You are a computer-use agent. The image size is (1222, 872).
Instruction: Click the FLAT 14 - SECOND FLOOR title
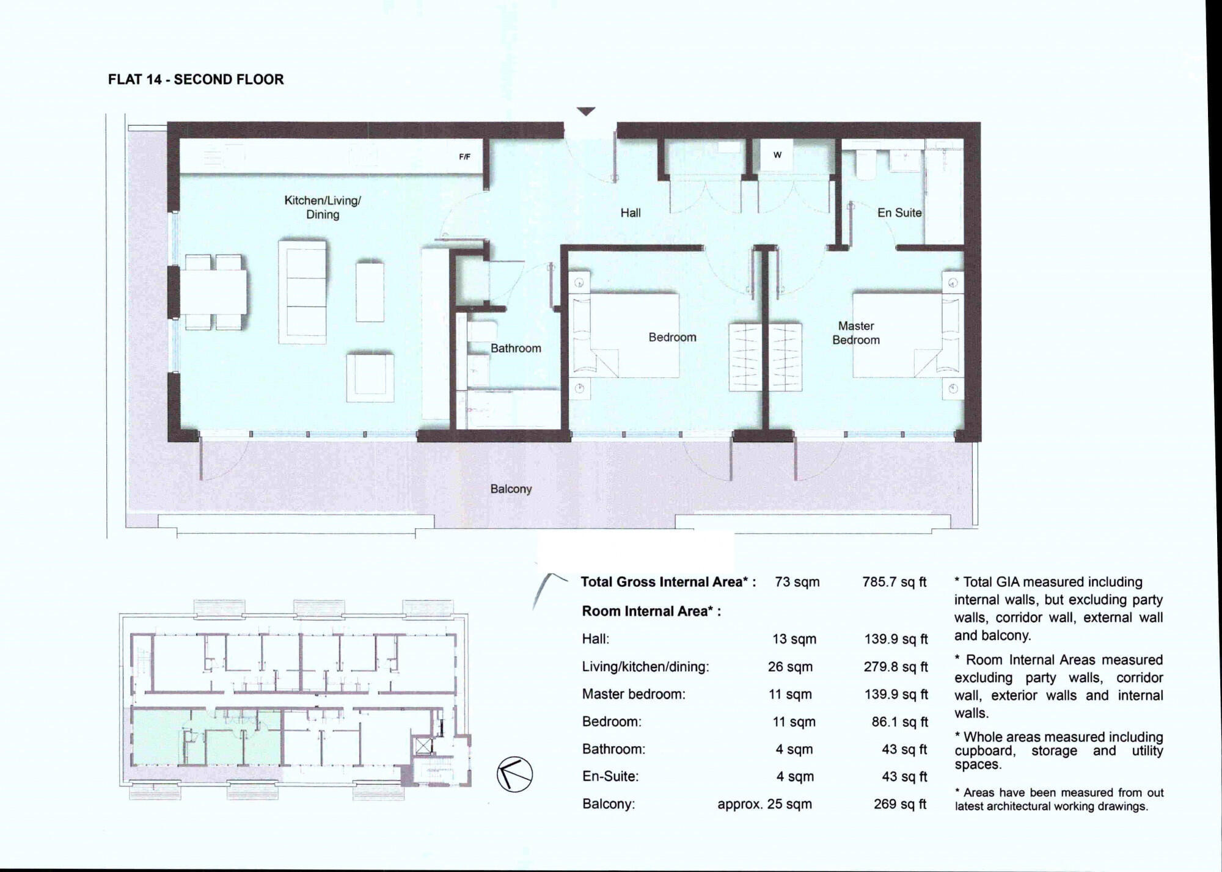(196, 79)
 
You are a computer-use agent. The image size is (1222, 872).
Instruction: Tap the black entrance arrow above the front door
(586, 111)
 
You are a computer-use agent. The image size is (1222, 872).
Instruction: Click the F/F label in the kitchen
(464, 157)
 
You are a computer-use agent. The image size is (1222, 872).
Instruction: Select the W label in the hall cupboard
(777, 155)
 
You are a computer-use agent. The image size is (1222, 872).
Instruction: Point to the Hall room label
(630, 213)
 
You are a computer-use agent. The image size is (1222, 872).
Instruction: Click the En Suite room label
(899, 213)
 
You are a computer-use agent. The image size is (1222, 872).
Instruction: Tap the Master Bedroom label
(855, 333)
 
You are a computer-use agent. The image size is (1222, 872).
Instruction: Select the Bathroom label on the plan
(515, 348)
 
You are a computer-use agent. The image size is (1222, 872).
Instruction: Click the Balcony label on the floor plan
(511, 489)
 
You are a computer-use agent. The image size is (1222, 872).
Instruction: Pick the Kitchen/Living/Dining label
(323, 207)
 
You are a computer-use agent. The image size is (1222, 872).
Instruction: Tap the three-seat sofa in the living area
(302, 291)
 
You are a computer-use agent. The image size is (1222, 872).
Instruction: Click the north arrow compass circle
(514, 774)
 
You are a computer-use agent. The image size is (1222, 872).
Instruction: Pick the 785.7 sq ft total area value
(894, 582)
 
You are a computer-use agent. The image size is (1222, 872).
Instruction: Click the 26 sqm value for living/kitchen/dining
(789, 667)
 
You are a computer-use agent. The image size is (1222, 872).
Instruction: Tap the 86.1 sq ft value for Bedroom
(899, 722)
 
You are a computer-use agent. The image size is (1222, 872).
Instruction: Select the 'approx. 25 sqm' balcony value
(764, 804)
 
